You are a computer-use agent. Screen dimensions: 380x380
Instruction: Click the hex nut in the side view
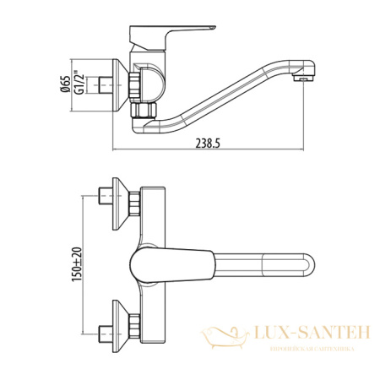point(133,86)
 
